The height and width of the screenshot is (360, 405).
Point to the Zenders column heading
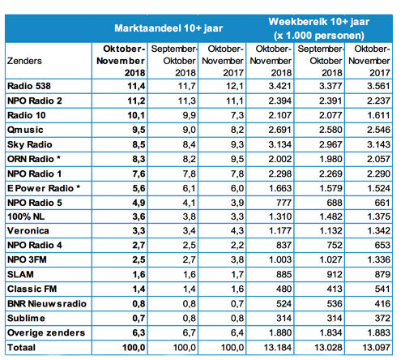[25, 60]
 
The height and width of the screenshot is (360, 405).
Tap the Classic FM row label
[30, 288]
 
